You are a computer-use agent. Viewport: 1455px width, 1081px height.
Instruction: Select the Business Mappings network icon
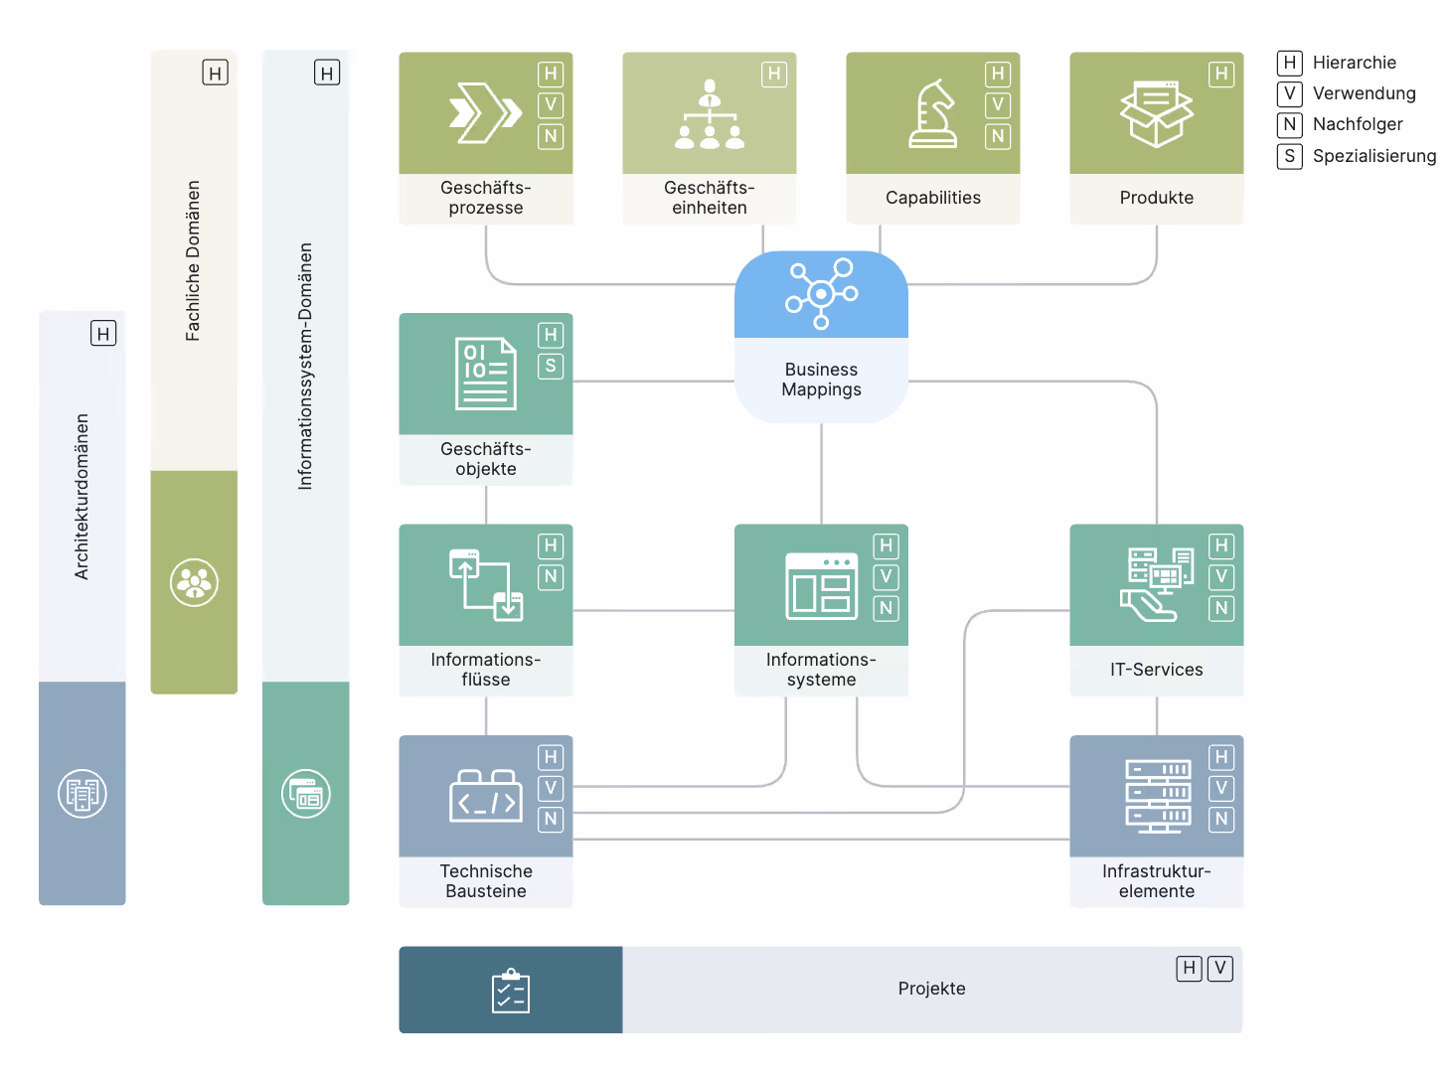(821, 293)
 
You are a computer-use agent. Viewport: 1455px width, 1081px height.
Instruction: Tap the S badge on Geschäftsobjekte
(551, 366)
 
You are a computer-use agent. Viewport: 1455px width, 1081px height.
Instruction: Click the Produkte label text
(1156, 198)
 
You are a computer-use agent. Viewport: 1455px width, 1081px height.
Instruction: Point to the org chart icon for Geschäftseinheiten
(710, 113)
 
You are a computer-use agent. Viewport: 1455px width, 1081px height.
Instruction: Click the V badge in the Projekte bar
(1219, 968)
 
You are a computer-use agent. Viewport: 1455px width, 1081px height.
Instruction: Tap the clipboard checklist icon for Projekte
(511, 991)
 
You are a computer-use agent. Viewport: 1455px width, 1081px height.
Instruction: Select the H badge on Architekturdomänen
(103, 334)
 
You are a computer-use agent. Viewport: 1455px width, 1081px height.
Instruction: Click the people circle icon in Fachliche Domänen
(194, 582)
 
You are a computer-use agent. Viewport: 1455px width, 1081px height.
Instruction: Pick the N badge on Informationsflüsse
(551, 577)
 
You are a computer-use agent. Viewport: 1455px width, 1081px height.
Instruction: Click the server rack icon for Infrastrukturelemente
(1157, 794)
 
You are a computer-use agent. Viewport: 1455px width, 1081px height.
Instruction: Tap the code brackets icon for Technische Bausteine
(486, 795)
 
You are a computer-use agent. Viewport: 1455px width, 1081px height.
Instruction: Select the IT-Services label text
(1156, 670)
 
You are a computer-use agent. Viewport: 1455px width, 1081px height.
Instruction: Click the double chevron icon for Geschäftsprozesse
(485, 112)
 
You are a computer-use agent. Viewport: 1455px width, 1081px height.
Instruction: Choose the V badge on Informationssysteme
(886, 577)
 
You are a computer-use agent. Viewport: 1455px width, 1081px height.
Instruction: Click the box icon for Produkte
(1156, 113)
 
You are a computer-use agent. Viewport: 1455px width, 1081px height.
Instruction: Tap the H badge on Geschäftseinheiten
(774, 75)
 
